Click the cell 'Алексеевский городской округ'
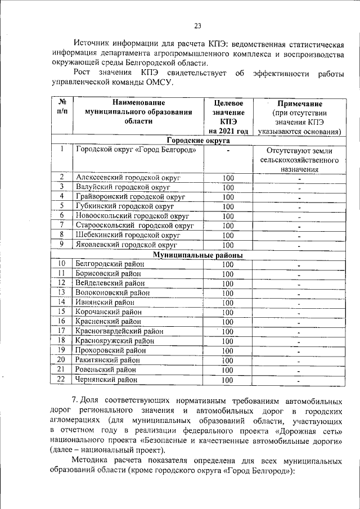coord(127,178)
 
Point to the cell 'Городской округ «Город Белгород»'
coord(136,150)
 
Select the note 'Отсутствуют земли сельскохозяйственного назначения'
coord(299,160)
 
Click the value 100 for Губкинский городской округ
coord(228,206)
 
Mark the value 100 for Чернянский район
coord(228,380)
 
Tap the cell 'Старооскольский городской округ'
coord(135,226)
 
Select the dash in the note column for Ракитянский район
coord(299,361)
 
